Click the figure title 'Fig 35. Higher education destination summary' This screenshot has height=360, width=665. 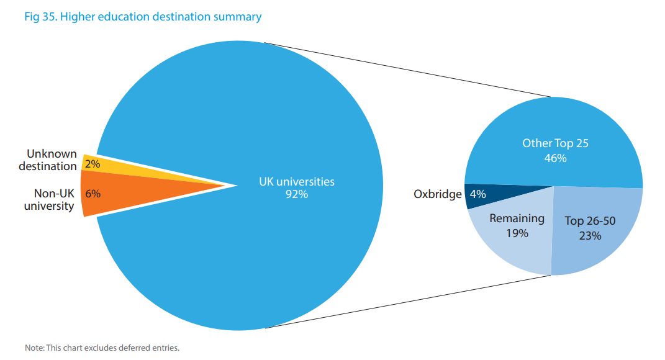143,17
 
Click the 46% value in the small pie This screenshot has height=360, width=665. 555,158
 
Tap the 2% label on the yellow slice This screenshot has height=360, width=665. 93,164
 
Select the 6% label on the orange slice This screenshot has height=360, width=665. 93,193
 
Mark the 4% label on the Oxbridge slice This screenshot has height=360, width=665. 478,194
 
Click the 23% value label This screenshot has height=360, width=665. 590,236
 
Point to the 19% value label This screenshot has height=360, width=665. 517,233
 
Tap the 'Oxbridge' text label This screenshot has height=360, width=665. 438,194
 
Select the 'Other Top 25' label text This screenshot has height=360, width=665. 555,143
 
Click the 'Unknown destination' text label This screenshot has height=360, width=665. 48,160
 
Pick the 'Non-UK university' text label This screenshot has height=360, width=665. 50,199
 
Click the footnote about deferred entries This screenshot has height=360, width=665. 102,348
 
